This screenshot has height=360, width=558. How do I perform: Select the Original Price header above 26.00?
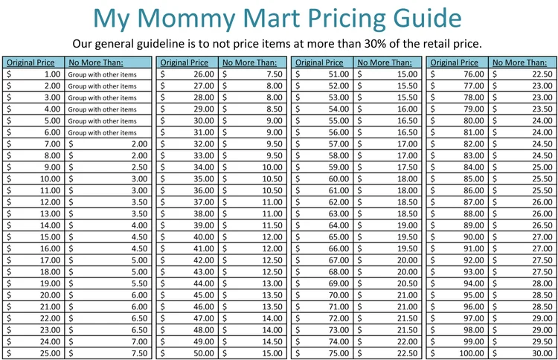click(x=185, y=63)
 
